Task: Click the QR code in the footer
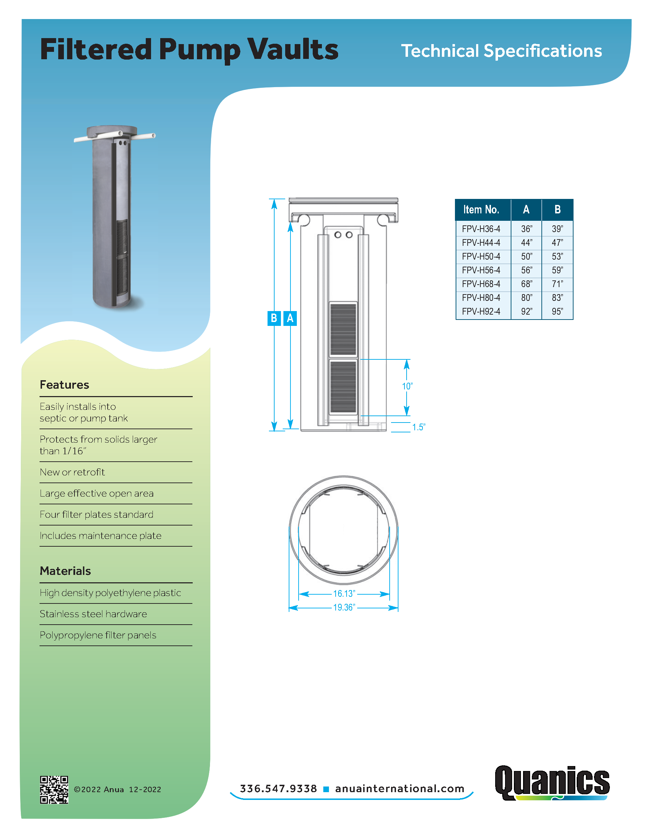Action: pyautogui.click(x=54, y=789)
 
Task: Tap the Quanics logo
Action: pyautogui.click(x=552, y=782)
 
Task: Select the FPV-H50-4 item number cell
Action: pyautogui.click(x=481, y=256)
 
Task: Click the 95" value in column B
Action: pyautogui.click(x=557, y=311)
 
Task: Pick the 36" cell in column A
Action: pyautogui.click(x=526, y=229)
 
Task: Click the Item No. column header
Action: pyautogui.click(x=481, y=209)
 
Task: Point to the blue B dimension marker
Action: pyautogui.click(x=274, y=318)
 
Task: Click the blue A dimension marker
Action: pyautogui.click(x=290, y=318)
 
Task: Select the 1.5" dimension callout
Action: pyautogui.click(x=419, y=427)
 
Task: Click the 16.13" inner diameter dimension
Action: pyautogui.click(x=344, y=594)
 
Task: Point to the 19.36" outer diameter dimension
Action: pyautogui.click(x=344, y=607)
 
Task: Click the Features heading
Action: pyautogui.click(x=65, y=384)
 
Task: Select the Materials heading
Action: pyautogui.click(x=65, y=571)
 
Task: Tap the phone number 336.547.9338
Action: pyautogui.click(x=278, y=789)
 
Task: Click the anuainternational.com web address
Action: pyautogui.click(x=400, y=789)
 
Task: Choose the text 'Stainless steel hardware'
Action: pyautogui.click(x=93, y=614)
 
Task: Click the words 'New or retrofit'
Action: pyautogui.click(x=72, y=472)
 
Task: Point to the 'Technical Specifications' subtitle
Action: pyautogui.click(x=502, y=51)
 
